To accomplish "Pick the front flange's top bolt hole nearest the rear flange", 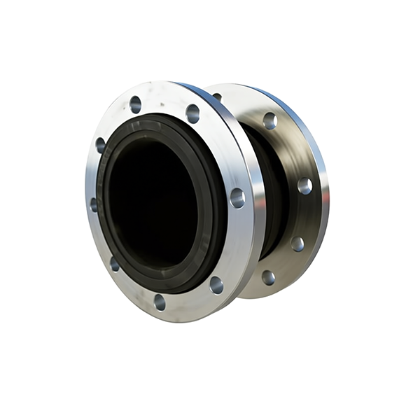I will tap(192, 113).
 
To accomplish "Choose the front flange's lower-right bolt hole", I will tap(216, 284).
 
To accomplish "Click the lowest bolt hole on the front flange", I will tap(160, 302).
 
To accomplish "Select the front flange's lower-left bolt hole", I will tap(114, 264).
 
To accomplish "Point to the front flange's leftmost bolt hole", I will tap(93, 204).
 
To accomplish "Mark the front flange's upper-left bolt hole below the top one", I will tap(101, 145).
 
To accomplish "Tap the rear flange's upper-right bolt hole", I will tap(269, 120).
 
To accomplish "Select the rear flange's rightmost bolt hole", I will tap(304, 185).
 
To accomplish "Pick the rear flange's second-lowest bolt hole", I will tap(297, 244).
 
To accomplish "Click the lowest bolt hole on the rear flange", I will tap(268, 277).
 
